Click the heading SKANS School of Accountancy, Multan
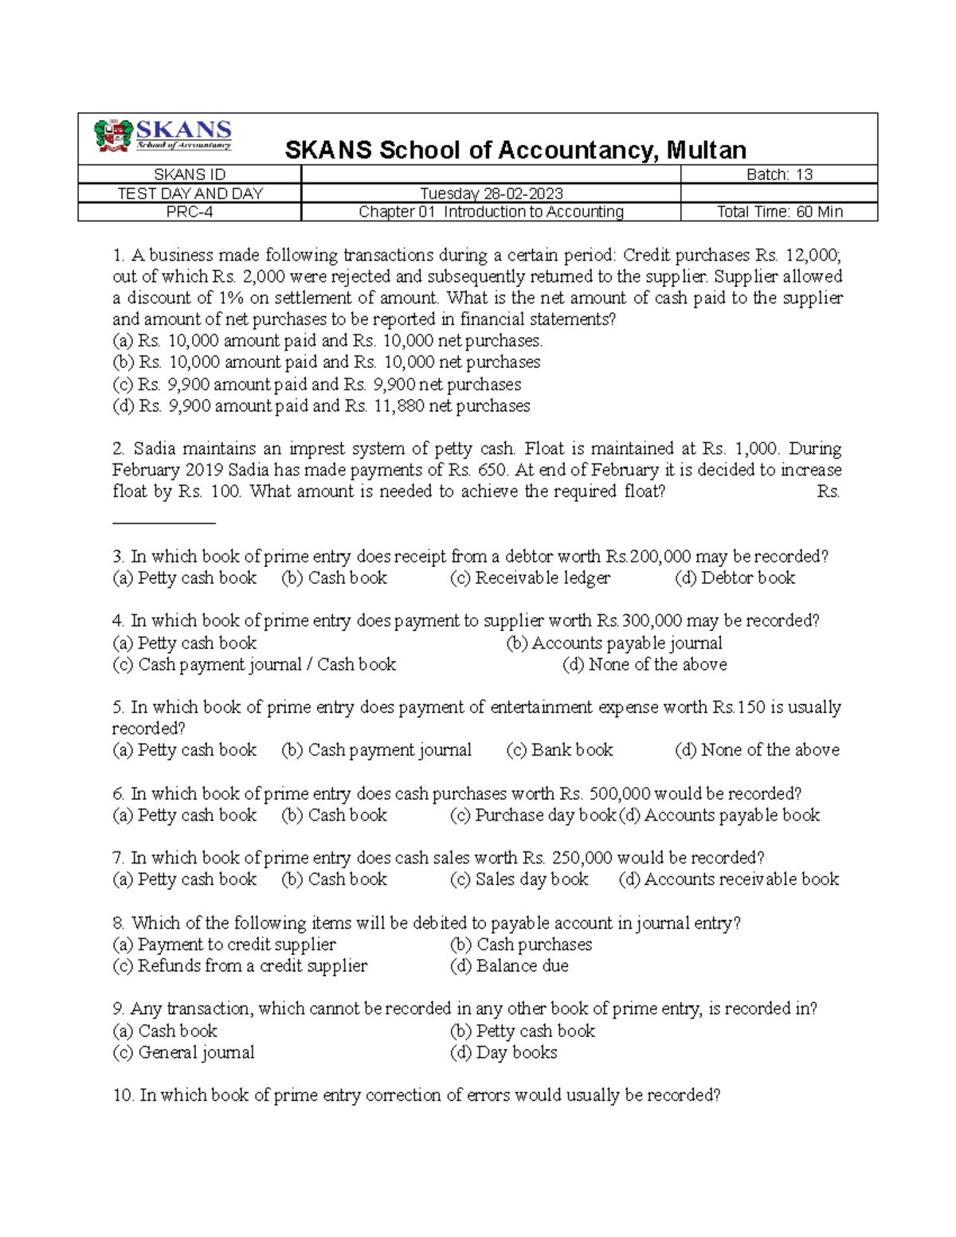point(515,150)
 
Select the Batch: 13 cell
point(778,174)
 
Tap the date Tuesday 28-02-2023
point(491,194)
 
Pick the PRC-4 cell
point(189,212)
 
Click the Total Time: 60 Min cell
point(778,212)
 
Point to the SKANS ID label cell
point(189,174)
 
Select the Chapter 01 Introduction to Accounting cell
point(491,212)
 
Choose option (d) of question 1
point(321,406)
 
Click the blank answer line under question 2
point(164,523)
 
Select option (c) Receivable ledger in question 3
point(530,578)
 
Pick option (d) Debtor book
point(735,578)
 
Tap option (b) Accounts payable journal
point(614,643)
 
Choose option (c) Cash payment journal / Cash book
point(254,664)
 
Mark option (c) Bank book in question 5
point(559,750)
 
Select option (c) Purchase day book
point(532,815)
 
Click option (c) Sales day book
point(519,879)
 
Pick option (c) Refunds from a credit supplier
point(240,966)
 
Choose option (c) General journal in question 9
point(183,1052)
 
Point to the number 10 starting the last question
point(123,1096)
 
